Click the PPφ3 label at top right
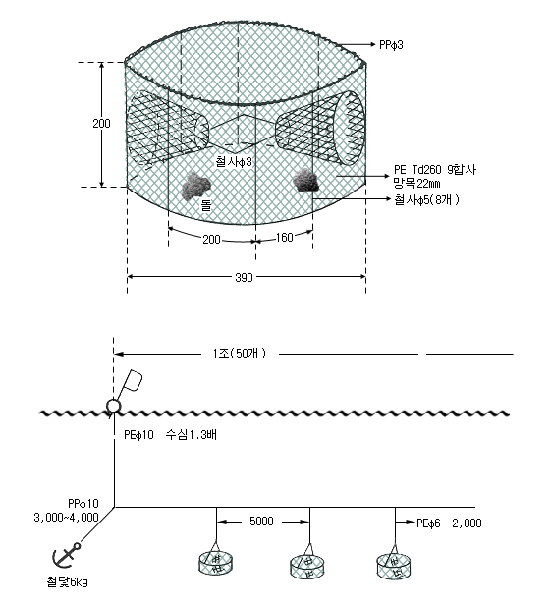tap(391, 45)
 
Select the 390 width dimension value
tap(244, 277)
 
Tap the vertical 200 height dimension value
tap(101, 123)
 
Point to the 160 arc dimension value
tap(285, 237)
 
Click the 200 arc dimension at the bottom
tap(211, 240)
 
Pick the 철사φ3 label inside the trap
tap(234, 161)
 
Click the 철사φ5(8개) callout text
tap(426, 200)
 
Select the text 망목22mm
tap(416, 183)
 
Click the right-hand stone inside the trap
tap(306, 180)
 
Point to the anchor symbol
tap(67, 555)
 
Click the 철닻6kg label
tap(67, 581)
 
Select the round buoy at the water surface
tap(113, 406)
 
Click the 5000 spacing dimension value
tap(261, 522)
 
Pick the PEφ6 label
tap(428, 523)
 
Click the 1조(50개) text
tap(240, 353)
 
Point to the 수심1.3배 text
tap(192, 435)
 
